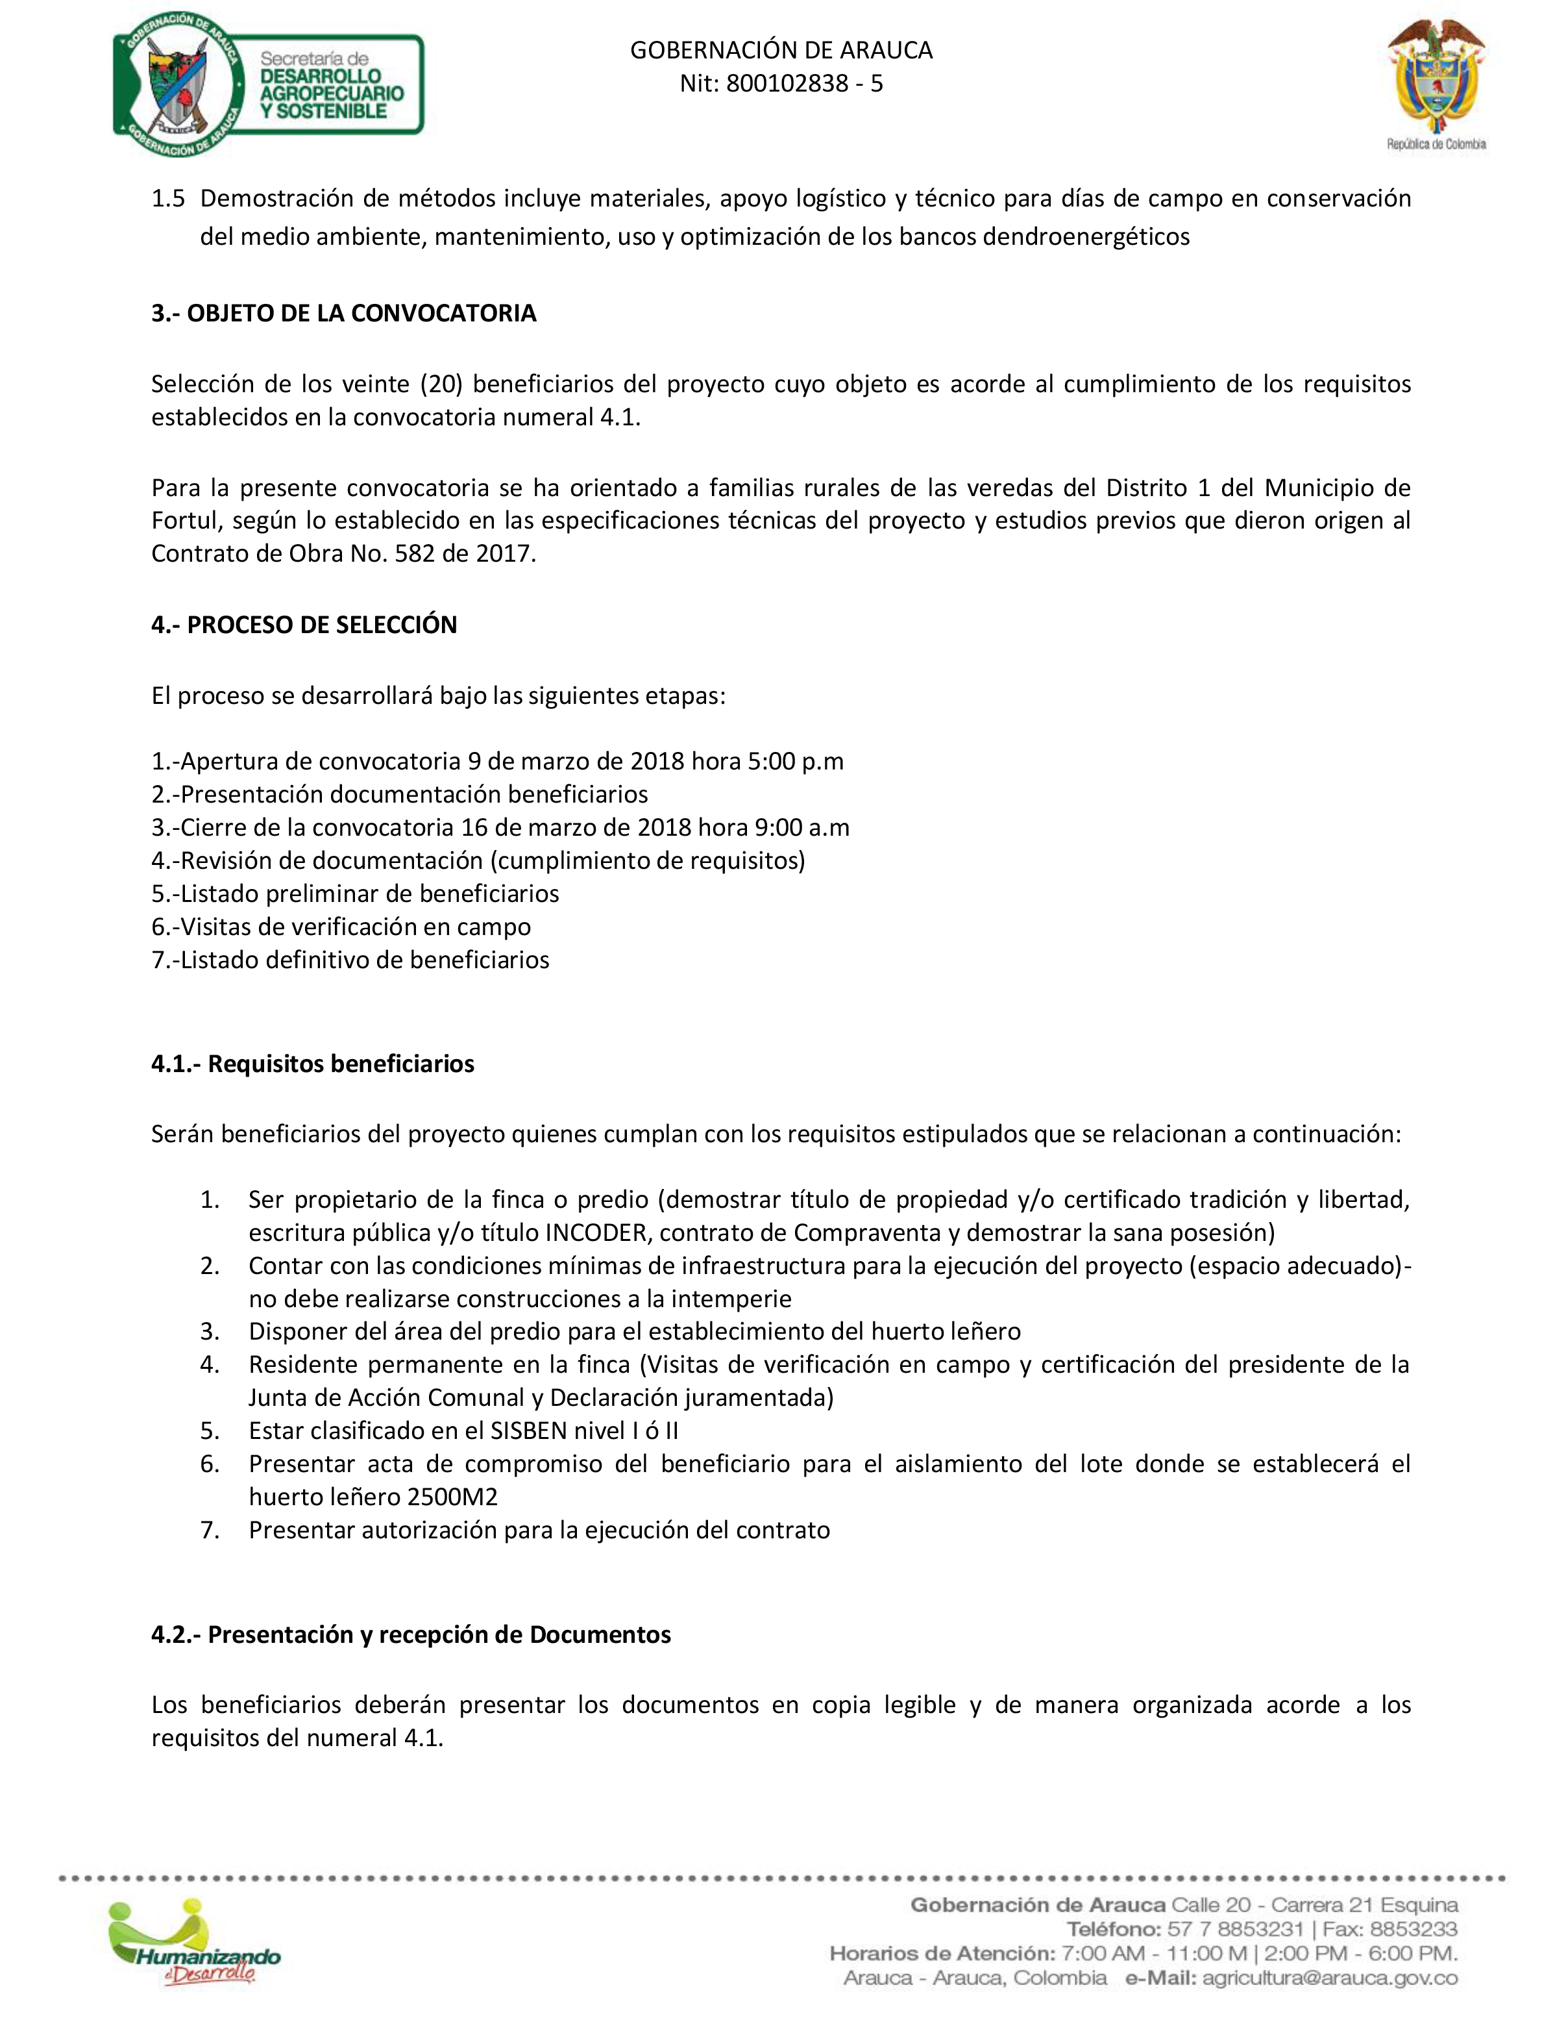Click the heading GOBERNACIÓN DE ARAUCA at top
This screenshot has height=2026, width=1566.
[781, 50]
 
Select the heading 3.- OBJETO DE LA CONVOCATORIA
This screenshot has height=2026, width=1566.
[343, 312]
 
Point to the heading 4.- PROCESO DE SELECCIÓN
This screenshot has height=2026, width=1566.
[304, 624]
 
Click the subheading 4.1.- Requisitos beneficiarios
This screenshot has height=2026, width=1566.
[312, 1063]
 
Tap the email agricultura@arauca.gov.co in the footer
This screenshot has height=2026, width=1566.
[1330, 1978]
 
